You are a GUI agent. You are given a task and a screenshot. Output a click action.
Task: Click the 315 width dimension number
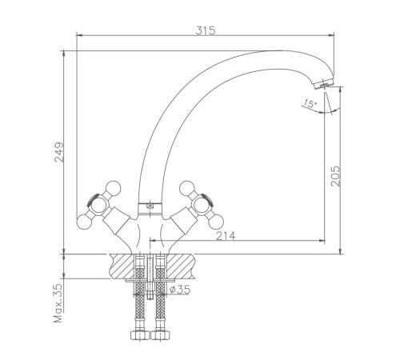click(x=206, y=30)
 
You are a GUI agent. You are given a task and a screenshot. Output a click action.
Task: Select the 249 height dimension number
click(x=59, y=152)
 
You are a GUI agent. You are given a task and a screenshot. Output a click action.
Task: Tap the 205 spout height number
click(x=335, y=176)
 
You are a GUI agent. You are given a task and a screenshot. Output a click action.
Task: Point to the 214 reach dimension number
click(x=226, y=236)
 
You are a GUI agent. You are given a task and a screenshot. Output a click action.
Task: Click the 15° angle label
click(x=310, y=103)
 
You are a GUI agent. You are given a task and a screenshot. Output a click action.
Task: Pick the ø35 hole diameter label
click(x=180, y=290)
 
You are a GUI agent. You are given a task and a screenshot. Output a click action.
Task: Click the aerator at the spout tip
click(x=324, y=83)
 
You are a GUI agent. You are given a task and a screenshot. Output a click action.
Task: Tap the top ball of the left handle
click(x=113, y=188)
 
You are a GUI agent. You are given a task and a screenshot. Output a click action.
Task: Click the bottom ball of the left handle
click(x=84, y=222)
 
